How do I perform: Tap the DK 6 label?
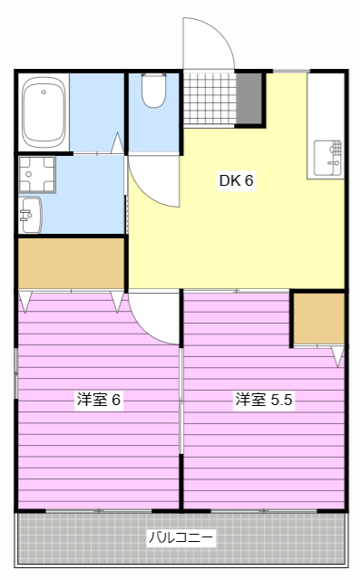(236, 179)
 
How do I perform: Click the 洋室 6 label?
(99, 399)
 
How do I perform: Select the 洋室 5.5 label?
(264, 399)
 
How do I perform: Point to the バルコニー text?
(181, 538)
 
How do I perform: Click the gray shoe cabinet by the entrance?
(249, 98)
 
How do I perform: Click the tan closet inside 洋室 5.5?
(318, 319)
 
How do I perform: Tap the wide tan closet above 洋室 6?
(71, 263)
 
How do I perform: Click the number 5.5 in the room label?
(281, 399)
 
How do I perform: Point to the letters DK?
(228, 179)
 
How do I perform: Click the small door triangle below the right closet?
(337, 356)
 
